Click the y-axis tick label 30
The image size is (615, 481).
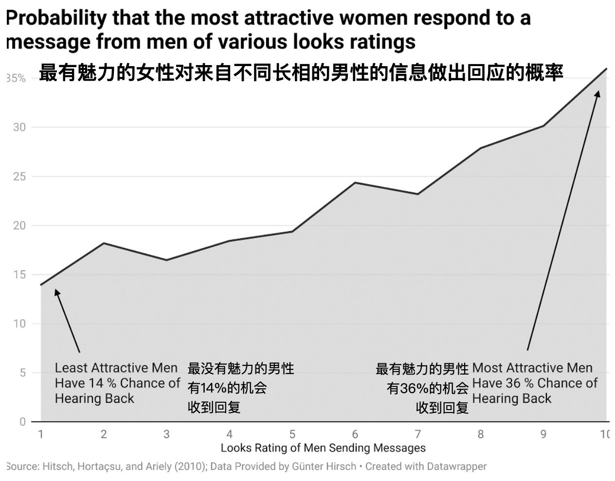click(x=19, y=127)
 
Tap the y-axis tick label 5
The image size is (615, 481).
click(x=22, y=373)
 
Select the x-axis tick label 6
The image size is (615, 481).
click(x=355, y=434)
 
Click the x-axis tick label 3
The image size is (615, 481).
click(x=166, y=434)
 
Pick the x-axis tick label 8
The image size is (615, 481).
click(x=481, y=434)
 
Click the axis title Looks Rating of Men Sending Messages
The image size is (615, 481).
click(x=323, y=447)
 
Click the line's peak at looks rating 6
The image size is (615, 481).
click(x=355, y=183)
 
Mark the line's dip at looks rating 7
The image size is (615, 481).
click(x=418, y=194)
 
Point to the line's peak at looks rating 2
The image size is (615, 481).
click(x=104, y=243)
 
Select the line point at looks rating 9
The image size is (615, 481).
click(x=543, y=126)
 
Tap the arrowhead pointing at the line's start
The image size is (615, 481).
click(x=57, y=292)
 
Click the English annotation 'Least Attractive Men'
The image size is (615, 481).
click(x=116, y=368)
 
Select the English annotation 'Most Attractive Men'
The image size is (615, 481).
click(x=532, y=368)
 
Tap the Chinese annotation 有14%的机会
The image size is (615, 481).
click(x=227, y=388)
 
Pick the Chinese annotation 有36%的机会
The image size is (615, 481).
click(x=427, y=388)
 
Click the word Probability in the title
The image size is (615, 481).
click(x=56, y=18)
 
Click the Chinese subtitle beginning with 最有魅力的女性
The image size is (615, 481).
click(x=301, y=73)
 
